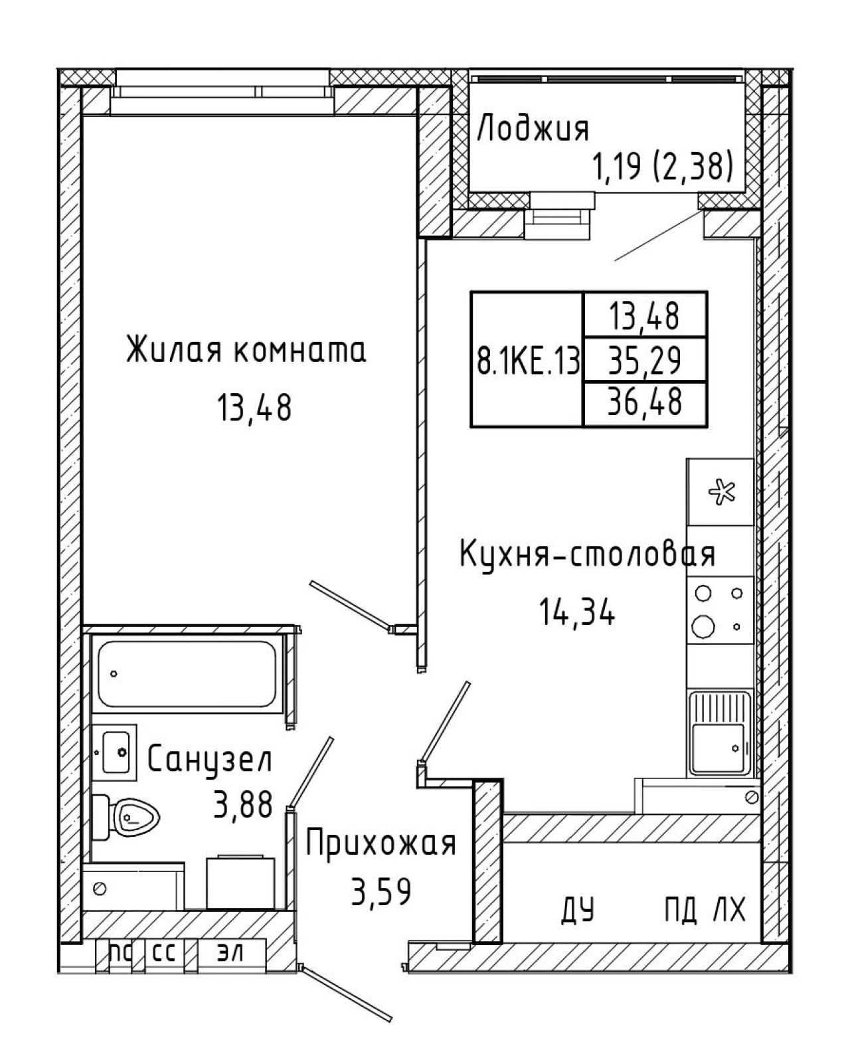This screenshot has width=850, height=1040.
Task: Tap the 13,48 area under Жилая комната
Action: (x=254, y=408)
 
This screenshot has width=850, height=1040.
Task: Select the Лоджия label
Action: (x=533, y=130)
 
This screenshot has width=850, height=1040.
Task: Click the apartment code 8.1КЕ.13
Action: (x=527, y=359)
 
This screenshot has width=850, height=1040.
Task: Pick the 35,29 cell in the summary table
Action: (x=645, y=360)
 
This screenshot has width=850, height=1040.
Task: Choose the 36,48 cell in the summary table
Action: (x=645, y=401)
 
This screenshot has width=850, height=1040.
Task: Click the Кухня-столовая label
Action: (x=587, y=553)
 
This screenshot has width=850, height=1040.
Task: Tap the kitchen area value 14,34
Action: (x=577, y=612)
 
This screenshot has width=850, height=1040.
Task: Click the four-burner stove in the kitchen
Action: (x=721, y=610)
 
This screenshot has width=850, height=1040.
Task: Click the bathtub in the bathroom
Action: (x=187, y=674)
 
